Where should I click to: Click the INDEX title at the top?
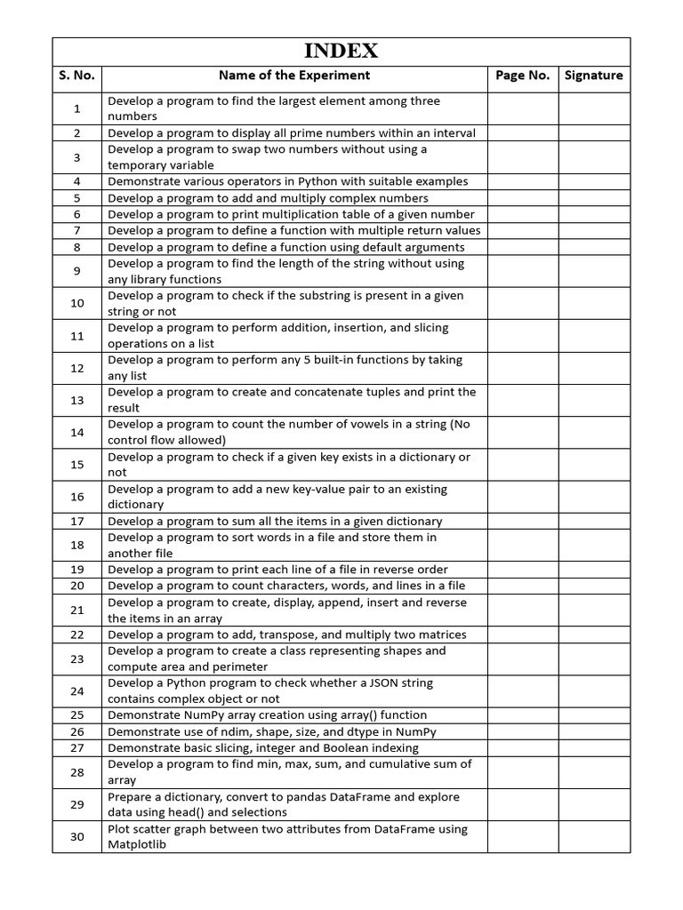coord(341,51)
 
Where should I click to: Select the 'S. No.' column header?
coord(77,76)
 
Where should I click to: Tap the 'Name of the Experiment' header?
coord(294,76)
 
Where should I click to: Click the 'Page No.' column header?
coord(523,76)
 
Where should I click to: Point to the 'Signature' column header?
coord(594,76)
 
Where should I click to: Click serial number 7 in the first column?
coord(77,231)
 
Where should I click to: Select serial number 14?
coord(77,432)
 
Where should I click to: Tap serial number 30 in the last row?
coord(77,836)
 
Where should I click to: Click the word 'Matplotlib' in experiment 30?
coord(137,845)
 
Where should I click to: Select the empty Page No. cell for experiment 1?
coord(523,108)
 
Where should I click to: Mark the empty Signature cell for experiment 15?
coord(594,465)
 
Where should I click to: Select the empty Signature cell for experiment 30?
coord(594,836)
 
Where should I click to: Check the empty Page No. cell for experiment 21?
coord(523,611)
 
